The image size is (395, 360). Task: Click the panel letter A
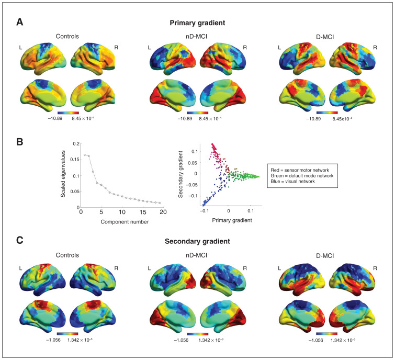(x=20, y=22)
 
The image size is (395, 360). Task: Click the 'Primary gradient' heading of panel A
(x=197, y=23)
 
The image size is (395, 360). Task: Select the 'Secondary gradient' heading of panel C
(x=197, y=241)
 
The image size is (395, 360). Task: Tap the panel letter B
(x=20, y=142)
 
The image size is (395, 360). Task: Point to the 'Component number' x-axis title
(x=125, y=222)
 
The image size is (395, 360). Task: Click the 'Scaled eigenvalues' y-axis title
(x=63, y=174)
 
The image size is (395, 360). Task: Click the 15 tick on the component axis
(x=143, y=212)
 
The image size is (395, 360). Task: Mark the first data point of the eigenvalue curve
(x=85, y=155)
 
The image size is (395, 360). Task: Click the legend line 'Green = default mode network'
(x=302, y=176)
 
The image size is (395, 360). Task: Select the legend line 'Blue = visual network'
(x=293, y=182)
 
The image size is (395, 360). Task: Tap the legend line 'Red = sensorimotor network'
(x=300, y=170)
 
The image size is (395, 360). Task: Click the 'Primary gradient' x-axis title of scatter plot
(x=232, y=220)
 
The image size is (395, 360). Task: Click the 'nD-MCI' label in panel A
(x=197, y=37)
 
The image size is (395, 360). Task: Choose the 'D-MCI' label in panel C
(x=325, y=256)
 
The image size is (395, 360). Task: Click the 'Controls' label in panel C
(x=67, y=255)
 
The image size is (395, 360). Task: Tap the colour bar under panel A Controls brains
(x=68, y=113)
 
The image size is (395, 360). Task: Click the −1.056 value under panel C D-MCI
(x=316, y=340)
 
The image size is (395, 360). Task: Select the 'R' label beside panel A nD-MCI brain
(x=245, y=48)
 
